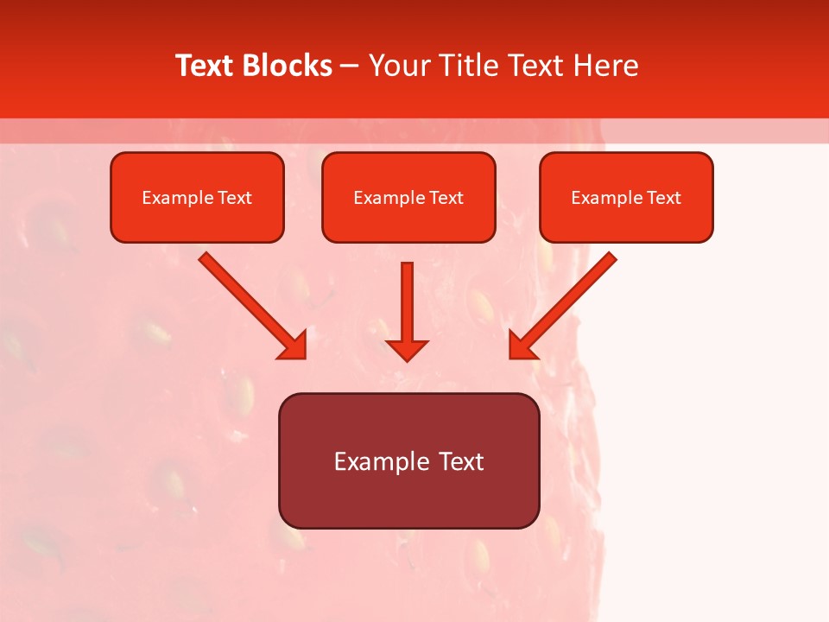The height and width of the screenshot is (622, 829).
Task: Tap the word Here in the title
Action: click(606, 66)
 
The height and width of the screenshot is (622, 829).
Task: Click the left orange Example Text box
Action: click(197, 198)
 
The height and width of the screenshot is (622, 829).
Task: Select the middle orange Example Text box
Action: click(408, 198)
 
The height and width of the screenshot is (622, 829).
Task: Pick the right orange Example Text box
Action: click(626, 198)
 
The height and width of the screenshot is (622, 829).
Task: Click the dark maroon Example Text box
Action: click(408, 460)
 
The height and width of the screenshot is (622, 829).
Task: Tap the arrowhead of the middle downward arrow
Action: click(407, 349)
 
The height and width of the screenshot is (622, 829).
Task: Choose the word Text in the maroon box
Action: click(461, 461)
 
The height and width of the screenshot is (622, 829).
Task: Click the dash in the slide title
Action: click(350, 66)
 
